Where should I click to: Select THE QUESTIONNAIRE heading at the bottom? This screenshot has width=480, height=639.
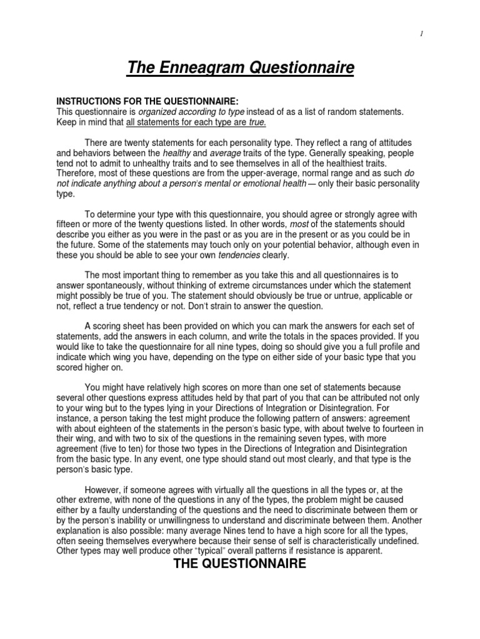pyautogui.click(x=240, y=564)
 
